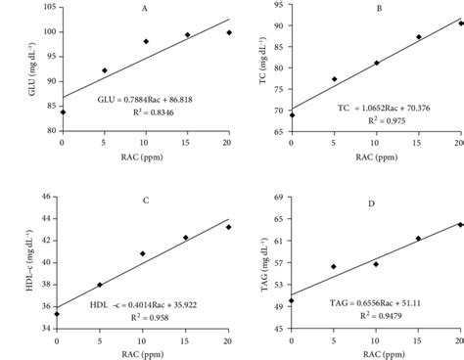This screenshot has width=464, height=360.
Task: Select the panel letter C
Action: coord(144,201)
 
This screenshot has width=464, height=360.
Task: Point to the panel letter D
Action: coord(377,202)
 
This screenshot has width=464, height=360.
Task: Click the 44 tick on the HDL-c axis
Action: coord(46,198)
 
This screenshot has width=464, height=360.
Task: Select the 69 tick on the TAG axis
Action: coord(277,198)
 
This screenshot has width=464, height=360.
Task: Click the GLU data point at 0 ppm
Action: coord(62,112)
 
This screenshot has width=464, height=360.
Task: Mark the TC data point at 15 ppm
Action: coord(419,37)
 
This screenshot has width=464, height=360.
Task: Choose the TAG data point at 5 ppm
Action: coord(334,266)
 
